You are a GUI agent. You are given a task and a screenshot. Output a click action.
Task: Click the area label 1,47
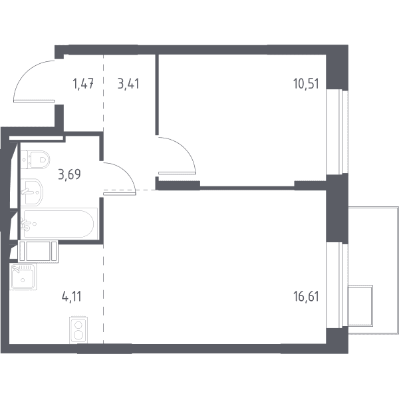[x=84, y=84]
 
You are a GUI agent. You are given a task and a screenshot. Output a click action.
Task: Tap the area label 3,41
[x=128, y=84]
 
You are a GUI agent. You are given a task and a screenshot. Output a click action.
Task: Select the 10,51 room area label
[x=306, y=83]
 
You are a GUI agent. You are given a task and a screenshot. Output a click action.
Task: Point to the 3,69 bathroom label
[x=69, y=174]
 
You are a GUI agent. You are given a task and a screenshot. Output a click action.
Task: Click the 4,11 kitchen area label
[x=72, y=297]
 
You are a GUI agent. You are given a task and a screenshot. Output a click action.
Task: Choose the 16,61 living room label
[x=306, y=297]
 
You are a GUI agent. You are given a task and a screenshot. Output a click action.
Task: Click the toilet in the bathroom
[x=35, y=160]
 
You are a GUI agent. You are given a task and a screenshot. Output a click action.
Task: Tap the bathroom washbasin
[x=31, y=192]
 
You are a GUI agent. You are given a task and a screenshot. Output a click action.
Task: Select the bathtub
[x=59, y=224]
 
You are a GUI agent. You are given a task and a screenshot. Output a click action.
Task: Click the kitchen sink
[x=23, y=277]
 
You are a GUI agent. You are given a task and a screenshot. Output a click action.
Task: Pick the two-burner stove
[x=78, y=330]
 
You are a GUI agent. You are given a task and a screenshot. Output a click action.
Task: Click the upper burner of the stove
[x=78, y=325]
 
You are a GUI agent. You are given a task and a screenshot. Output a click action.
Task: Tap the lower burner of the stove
[x=78, y=335]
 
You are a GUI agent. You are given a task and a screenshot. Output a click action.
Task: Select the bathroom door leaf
[x=119, y=194]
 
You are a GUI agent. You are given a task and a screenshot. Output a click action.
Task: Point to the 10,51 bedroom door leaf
[x=177, y=173]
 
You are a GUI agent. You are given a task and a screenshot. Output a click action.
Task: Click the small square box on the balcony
[x=360, y=305]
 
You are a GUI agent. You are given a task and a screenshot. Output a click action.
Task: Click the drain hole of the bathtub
[x=35, y=224]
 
